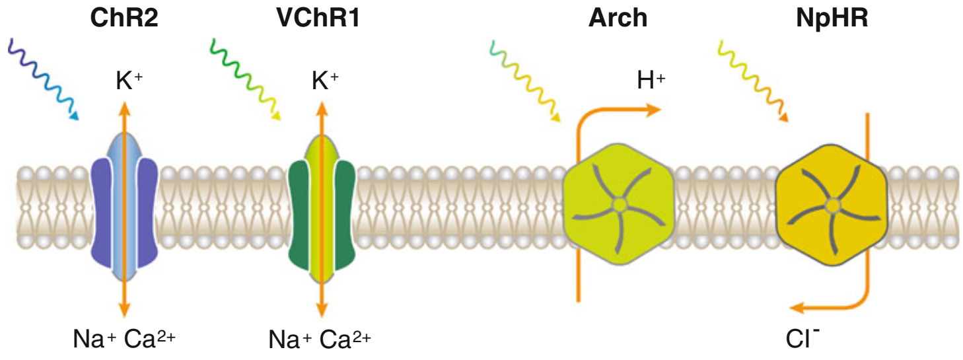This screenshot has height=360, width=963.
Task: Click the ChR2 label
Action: (124, 18)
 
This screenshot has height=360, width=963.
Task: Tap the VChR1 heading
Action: (318, 18)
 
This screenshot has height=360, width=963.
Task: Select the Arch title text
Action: (618, 18)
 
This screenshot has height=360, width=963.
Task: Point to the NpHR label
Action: (832, 18)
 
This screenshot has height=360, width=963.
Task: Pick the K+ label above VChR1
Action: (325, 82)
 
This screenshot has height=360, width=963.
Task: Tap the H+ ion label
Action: (651, 81)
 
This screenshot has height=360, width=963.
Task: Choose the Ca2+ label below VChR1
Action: (345, 340)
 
